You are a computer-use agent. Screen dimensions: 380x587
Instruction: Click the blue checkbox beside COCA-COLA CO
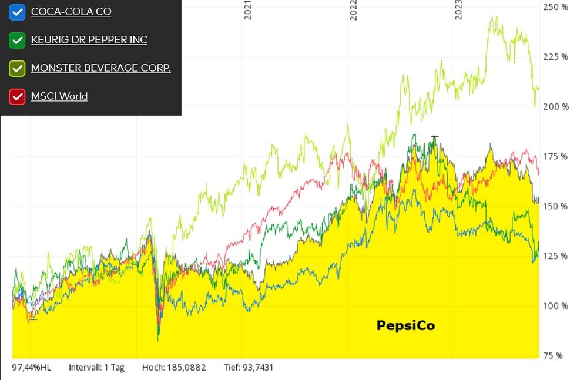tap(18, 12)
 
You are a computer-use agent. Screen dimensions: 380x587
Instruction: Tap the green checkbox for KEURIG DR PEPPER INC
tap(18, 40)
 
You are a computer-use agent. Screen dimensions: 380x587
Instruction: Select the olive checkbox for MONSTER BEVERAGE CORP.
tap(18, 68)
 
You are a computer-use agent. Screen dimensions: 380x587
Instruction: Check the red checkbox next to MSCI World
tap(18, 96)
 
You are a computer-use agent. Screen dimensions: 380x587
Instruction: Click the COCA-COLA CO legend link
tap(71, 12)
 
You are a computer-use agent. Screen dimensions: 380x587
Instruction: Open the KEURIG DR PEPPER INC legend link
tap(89, 40)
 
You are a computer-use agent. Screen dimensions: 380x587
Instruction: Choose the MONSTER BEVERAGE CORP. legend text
tap(101, 68)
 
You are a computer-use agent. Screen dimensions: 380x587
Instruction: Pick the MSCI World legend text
tap(59, 96)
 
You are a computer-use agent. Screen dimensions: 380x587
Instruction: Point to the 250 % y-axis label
tap(556, 7)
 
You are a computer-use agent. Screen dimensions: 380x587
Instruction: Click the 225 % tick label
tap(556, 57)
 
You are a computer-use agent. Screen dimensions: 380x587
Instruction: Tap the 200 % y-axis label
tap(556, 107)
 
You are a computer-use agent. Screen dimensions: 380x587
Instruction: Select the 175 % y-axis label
tap(556, 157)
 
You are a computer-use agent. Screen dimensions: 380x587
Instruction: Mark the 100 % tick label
tap(556, 306)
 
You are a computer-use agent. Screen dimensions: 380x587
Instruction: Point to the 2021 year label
tap(248, 10)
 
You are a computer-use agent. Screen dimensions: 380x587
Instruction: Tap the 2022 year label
tap(354, 10)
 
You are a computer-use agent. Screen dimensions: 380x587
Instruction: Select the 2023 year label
tap(459, 10)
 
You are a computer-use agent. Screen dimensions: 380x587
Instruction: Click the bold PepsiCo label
tap(405, 325)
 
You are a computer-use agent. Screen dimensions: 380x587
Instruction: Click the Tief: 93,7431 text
tap(249, 368)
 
